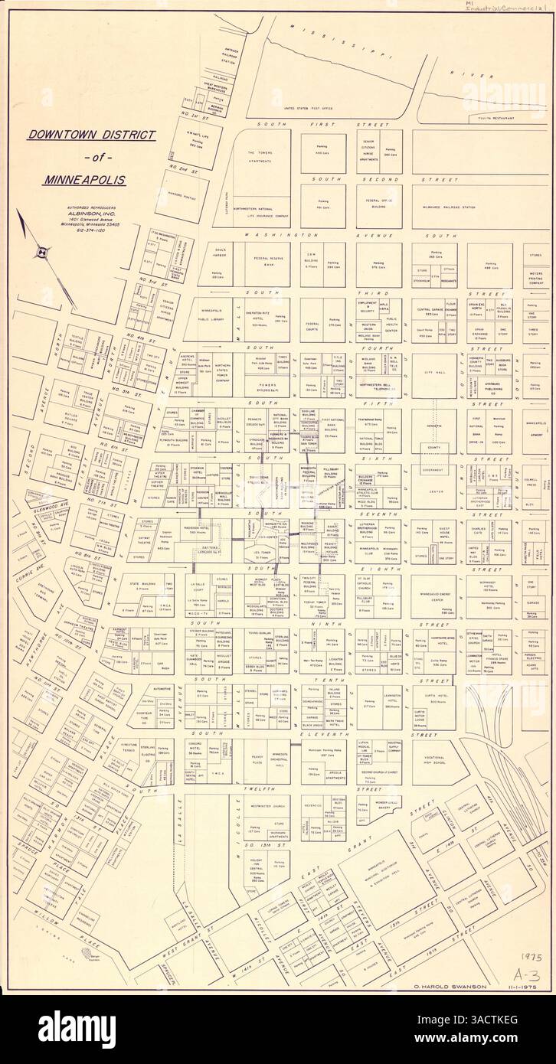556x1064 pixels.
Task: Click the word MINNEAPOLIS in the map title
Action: [x=91, y=184]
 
